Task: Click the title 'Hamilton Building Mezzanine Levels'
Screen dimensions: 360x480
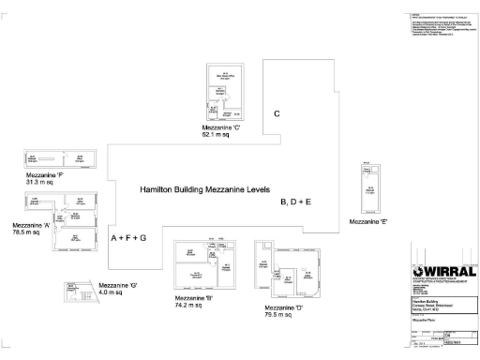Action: coord(204,189)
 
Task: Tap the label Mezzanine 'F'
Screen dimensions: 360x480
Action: coord(45,174)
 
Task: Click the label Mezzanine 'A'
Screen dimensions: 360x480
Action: coord(31,225)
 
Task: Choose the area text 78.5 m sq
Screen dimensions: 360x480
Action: coord(26,232)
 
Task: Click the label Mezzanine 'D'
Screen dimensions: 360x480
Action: coord(284,308)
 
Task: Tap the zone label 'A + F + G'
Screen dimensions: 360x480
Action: coord(129,239)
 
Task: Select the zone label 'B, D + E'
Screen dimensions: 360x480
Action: coord(296,202)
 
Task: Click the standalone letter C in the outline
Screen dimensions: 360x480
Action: coord(277,114)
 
